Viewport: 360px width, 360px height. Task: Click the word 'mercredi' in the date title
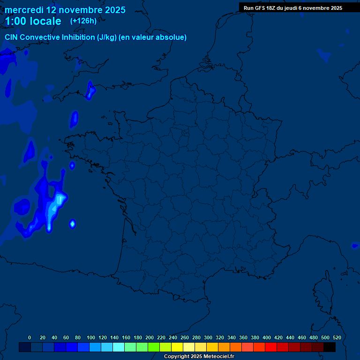click(24, 10)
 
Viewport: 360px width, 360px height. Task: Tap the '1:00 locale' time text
click(33, 21)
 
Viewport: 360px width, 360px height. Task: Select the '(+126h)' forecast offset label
click(83, 21)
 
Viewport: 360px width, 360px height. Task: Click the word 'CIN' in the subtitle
click(12, 37)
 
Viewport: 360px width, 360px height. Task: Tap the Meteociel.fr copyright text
click(199, 357)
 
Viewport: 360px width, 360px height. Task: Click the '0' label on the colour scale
click(30, 337)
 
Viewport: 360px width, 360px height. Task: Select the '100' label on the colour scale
click(91, 337)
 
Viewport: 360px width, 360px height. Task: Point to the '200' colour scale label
click(150, 337)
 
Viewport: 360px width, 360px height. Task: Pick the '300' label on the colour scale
click(208, 337)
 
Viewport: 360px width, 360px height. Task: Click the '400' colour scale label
click(267, 337)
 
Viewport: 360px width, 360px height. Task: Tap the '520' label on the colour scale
click(337, 337)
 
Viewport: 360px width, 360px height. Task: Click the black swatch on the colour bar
click(330, 347)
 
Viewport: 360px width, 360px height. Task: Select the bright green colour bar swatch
click(154, 347)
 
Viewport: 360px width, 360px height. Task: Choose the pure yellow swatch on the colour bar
click(177, 347)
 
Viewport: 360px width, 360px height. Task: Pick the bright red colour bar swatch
click(271, 347)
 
